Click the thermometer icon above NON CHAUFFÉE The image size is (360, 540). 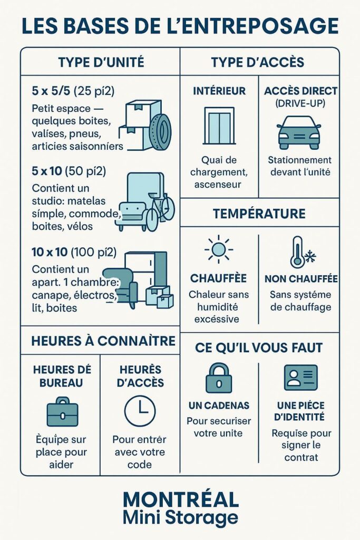299,252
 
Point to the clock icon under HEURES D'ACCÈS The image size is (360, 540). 140,410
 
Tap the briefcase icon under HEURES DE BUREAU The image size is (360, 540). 62,412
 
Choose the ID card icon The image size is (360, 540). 300,378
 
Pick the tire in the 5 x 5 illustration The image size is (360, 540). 160,129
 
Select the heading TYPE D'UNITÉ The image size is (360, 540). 101,62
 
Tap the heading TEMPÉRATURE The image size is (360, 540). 259,214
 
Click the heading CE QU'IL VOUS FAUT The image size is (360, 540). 259,348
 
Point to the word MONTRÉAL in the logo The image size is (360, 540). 180,498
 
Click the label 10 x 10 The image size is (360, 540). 50,252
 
